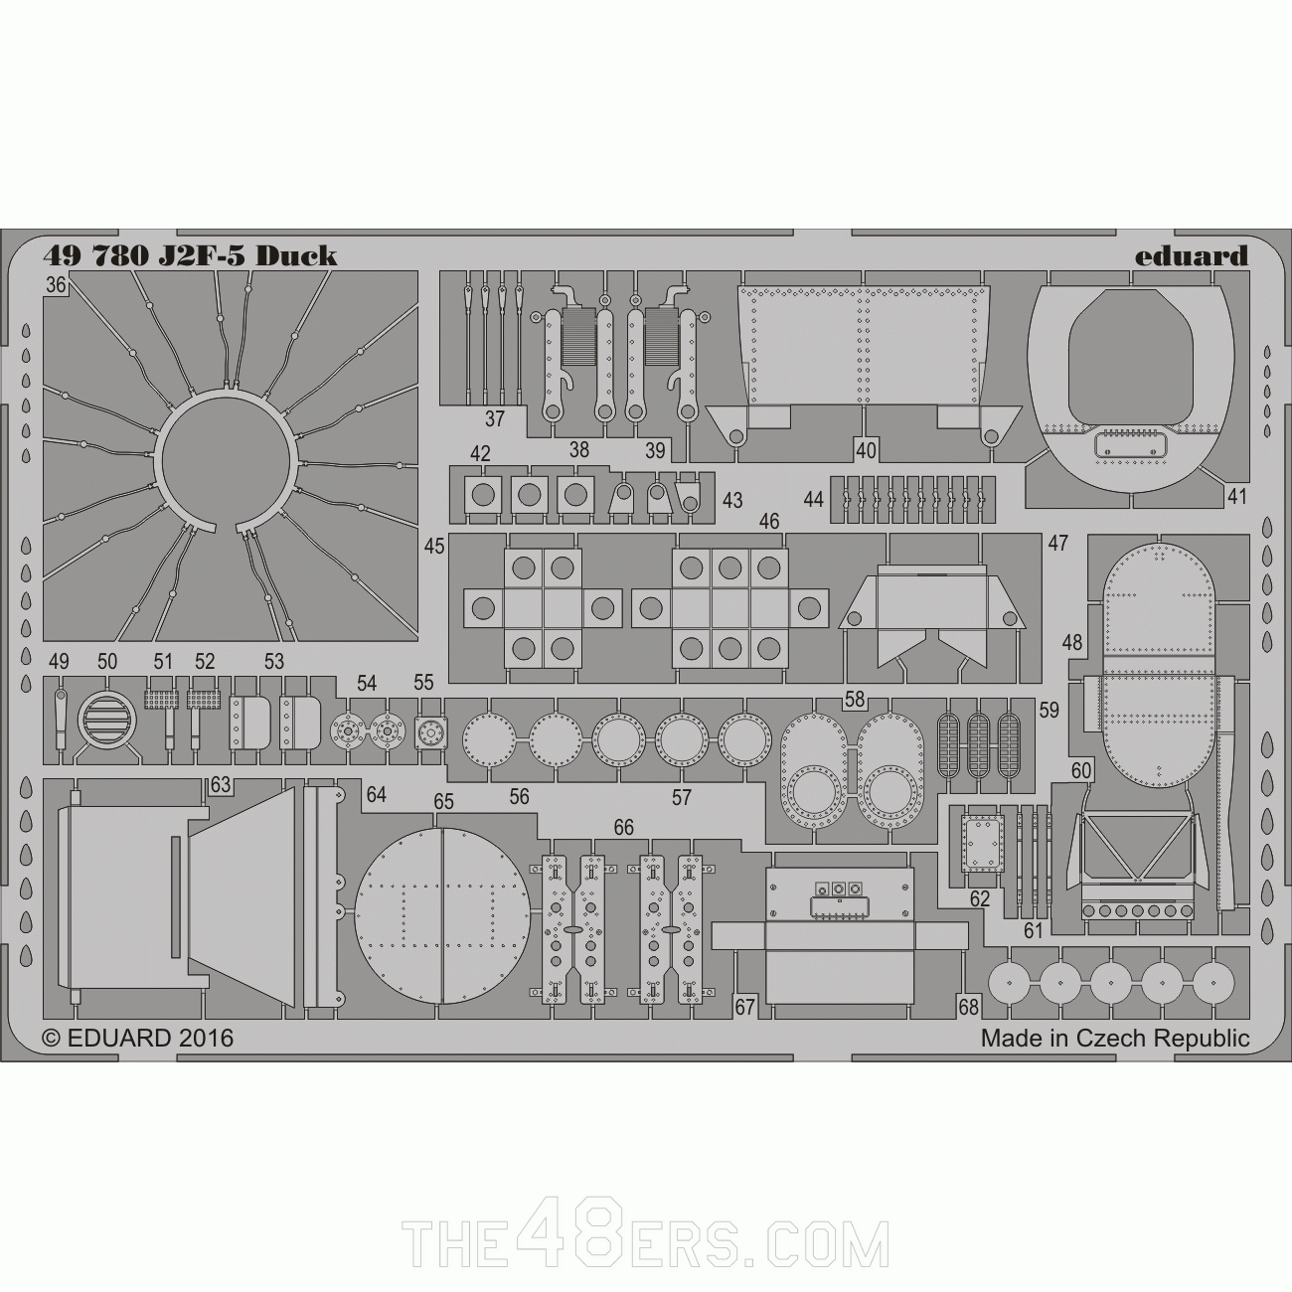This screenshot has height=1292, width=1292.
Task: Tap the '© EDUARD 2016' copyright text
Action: click(x=138, y=1038)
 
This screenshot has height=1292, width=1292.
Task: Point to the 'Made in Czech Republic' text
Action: click(x=1115, y=1039)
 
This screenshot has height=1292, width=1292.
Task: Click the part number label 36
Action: click(x=56, y=286)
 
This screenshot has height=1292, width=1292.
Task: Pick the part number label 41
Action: click(x=1235, y=496)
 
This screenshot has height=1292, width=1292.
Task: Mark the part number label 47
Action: click(x=1057, y=543)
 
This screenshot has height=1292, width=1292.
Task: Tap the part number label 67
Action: click(x=745, y=1007)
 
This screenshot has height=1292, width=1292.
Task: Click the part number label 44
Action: click(x=814, y=499)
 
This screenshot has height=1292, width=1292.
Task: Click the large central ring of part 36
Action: click(x=228, y=460)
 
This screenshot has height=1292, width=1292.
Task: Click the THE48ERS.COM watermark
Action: click(x=645, y=1243)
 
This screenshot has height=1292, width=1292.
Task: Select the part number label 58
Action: click(x=854, y=700)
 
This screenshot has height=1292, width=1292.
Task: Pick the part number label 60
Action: click(x=1081, y=770)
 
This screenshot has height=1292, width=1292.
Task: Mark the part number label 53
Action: click(x=274, y=661)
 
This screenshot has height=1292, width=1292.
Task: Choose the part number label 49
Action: click(x=59, y=661)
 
